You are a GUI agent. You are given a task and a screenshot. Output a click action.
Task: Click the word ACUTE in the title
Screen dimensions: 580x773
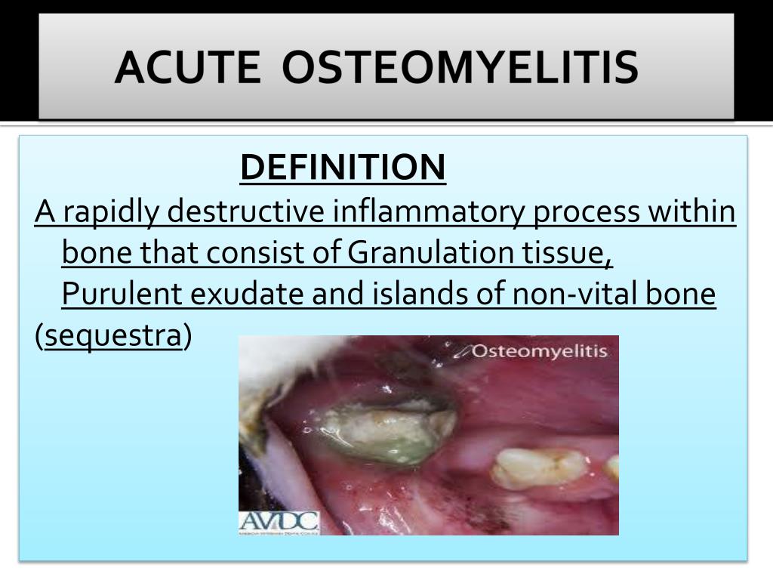190,67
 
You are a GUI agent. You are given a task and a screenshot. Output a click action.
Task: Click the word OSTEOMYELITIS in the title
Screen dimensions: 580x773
460,67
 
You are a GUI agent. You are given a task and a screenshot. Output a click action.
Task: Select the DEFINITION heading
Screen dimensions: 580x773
343,168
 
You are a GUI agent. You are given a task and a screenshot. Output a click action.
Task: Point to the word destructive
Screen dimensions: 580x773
245,212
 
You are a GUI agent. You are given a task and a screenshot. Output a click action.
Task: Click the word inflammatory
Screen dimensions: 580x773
428,212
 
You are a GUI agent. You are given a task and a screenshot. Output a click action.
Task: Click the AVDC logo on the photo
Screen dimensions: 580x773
279,522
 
